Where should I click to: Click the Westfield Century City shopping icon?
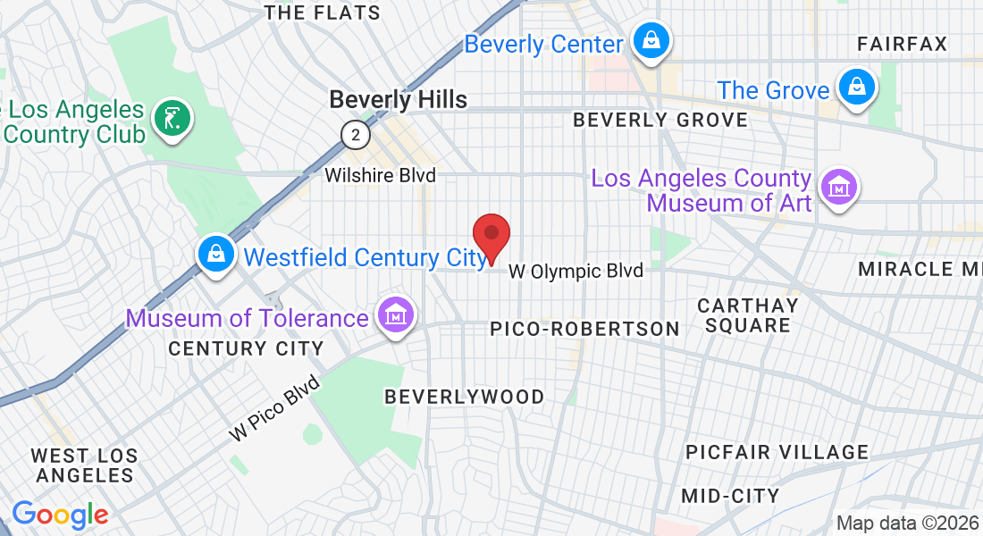pyautogui.click(x=216, y=255)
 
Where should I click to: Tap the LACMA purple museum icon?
pyautogui.click(x=840, y=188)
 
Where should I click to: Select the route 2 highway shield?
pyautogui.click(x=356, y=135)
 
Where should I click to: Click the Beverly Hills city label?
pyautogui.click(x=399, y=99)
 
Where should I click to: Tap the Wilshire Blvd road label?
pyautogui.click(x=380, y=175)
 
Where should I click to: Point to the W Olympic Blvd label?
pyautogui.click(x=576, y=271)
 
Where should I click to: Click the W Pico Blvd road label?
pyautogui.click(x=274, y=408)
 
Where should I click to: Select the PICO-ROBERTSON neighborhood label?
pyautogui.click(x=585, y=329)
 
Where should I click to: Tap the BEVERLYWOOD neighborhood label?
pyautogui.click(x=464, y=397)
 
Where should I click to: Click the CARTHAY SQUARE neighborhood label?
pyautogui.click(x=748, y=315)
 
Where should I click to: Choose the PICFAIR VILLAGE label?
pyautogui.click(x=777, y=452)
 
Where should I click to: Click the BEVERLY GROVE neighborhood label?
pyautogui.click(x=660, y=120)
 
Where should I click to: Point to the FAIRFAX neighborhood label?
pyautogui.click(x=902, y=44)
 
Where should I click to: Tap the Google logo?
pyautogui.click(x=60, y=515)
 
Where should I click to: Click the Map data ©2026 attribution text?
pyautogui.click(x=907, y=523)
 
